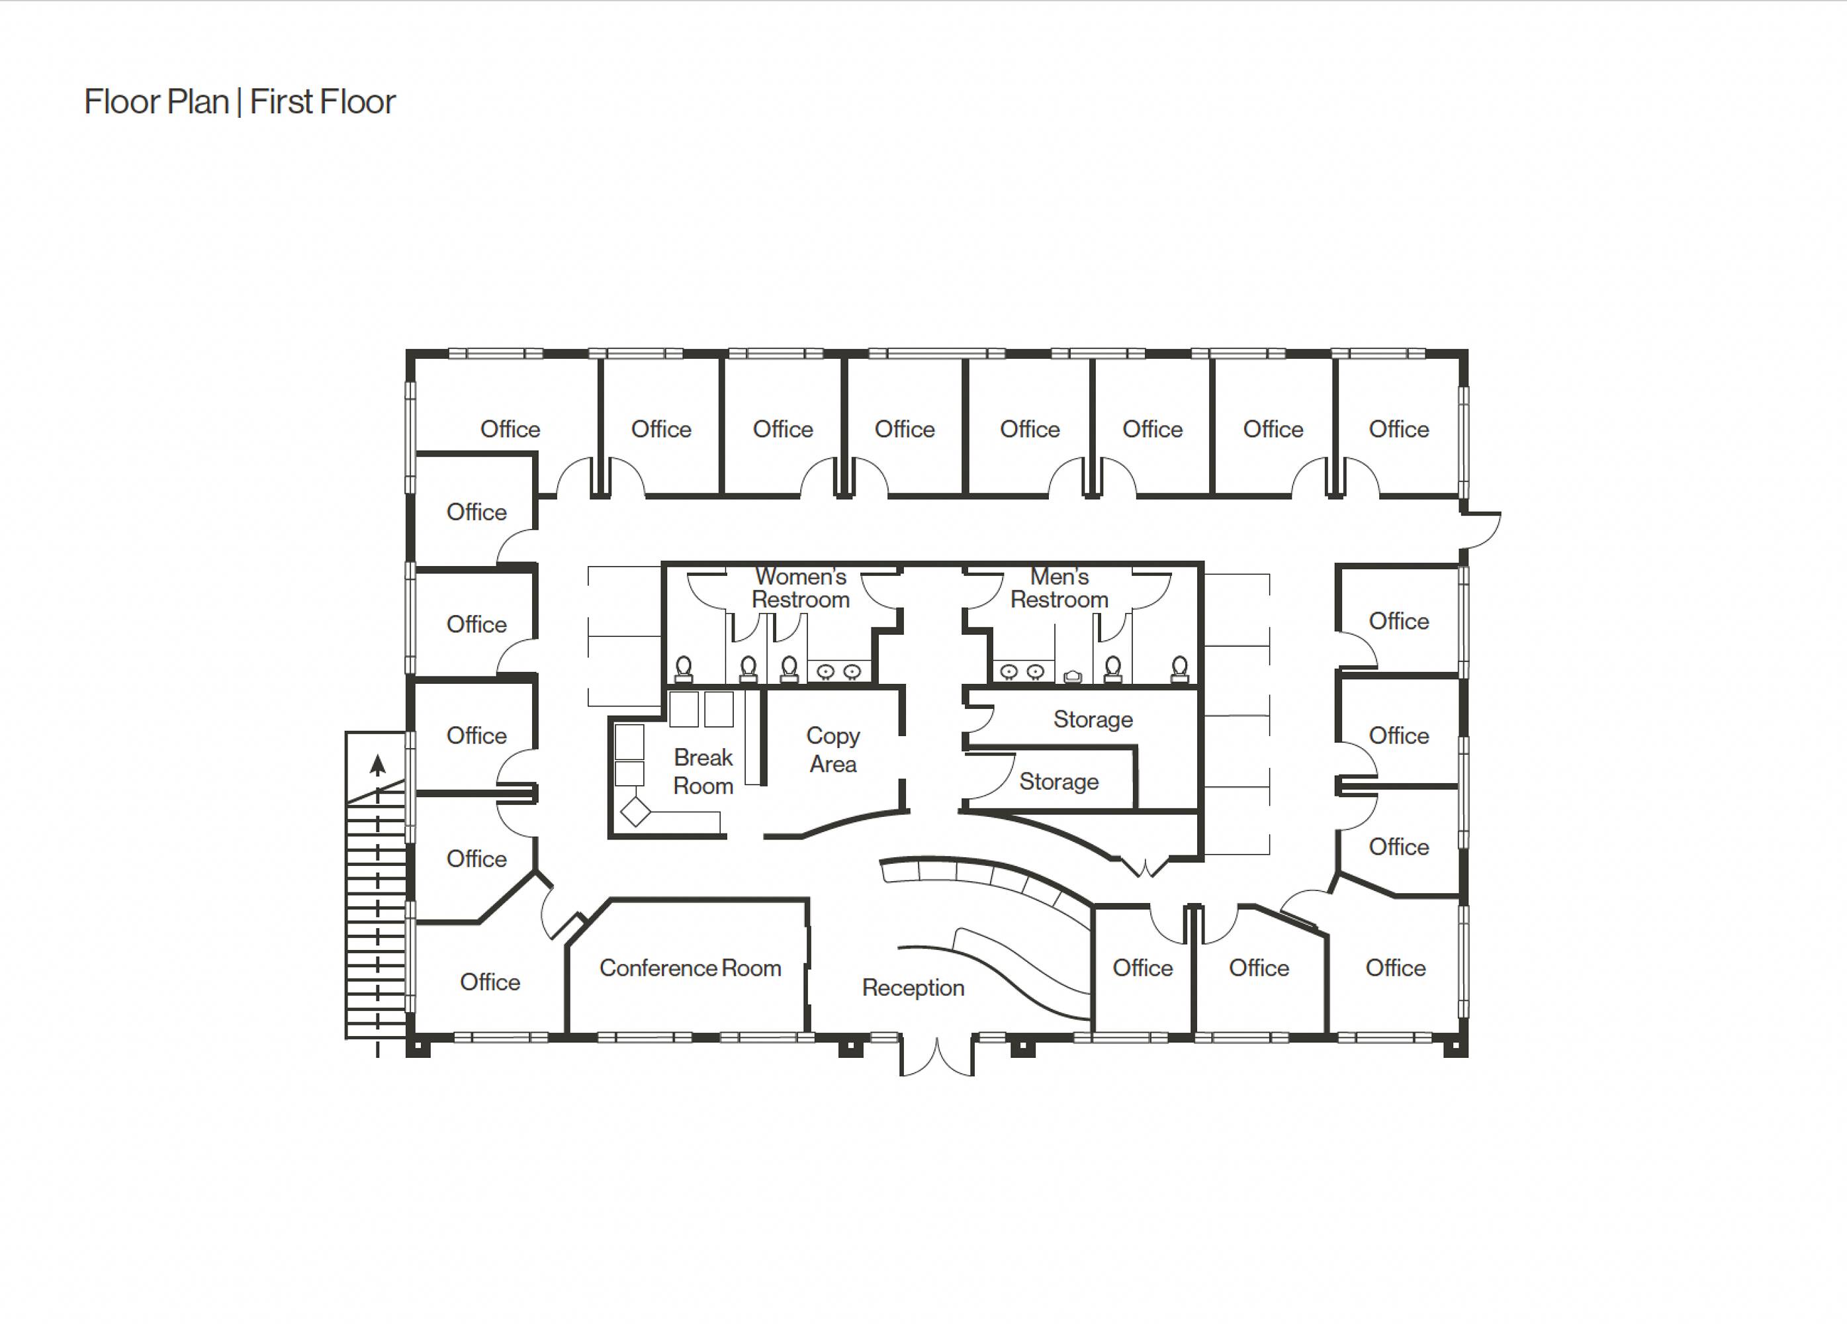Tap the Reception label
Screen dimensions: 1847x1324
click(913, 988)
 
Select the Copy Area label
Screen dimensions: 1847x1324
click(833, 749)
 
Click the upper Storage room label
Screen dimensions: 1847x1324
click(1093, 720)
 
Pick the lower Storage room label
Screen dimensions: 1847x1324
click(1059, 781)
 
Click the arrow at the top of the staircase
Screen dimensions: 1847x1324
click(377, 765)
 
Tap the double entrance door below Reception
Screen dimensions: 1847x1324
click(936, 1056)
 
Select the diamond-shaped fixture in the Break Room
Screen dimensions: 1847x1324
click(635, 812)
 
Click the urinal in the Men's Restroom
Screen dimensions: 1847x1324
click(1073, 675)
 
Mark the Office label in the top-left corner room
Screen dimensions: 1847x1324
click(510, 430)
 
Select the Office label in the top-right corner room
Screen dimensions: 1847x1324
click(1398, 430)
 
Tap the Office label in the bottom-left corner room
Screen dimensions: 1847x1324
click(490, 982)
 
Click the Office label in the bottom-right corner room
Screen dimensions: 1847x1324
click(1395, 968)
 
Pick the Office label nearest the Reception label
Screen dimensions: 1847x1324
click(1143, 968)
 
